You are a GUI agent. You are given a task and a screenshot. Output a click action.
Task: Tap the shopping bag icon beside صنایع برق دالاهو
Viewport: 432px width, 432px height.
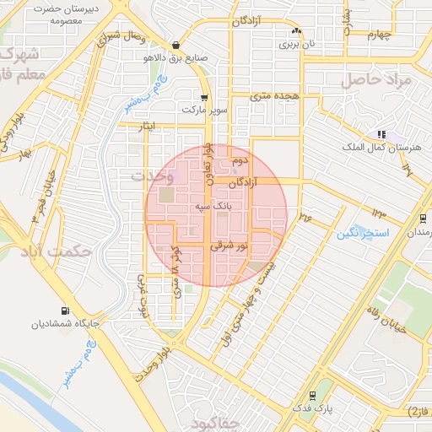175,46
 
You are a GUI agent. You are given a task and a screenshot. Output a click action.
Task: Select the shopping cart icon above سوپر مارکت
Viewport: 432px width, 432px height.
204,97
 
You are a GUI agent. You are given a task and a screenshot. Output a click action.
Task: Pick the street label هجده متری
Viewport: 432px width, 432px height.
275,97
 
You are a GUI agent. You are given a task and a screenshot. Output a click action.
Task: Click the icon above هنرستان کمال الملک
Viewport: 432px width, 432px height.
381,134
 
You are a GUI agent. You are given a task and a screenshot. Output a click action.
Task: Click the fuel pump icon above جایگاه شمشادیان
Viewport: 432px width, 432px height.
66,310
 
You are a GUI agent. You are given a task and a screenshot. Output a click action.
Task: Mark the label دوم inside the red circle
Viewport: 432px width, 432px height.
240,159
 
